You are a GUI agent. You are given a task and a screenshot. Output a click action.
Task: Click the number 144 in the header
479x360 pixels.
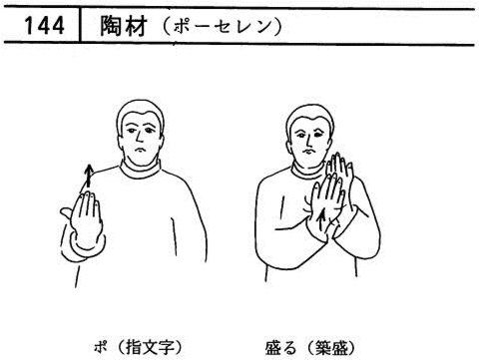tap(44, 26)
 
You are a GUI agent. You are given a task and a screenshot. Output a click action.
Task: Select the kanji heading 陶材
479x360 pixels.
tap(124, 26)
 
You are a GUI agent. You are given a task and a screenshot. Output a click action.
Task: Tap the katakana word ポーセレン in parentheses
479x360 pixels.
tap(223, 27)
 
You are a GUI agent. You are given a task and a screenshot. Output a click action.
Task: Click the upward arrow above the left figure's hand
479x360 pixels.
tap(88, 177)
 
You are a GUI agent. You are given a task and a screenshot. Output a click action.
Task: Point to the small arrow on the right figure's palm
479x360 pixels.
tap(321, 220)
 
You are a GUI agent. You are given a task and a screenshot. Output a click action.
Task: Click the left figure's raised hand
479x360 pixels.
tap(85, 217)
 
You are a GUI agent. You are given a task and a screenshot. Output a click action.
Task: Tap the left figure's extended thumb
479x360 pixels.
tap(67, 213)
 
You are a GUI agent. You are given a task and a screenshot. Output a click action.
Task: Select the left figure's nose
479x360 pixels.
tap(138, 137)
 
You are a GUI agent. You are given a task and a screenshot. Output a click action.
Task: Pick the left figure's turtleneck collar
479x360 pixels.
tap(141, 171)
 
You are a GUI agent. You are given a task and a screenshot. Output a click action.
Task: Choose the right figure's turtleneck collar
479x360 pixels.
tap(307, 173)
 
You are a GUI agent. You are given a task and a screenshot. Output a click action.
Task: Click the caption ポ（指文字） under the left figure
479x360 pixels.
tap(138, 348)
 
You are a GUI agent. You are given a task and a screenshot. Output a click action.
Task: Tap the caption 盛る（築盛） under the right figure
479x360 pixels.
tap(309, 348)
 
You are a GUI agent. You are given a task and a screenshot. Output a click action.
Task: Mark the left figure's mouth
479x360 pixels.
tap(140, 150)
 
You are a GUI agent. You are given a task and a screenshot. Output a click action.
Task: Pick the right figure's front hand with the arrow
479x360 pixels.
tap(324, 207)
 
